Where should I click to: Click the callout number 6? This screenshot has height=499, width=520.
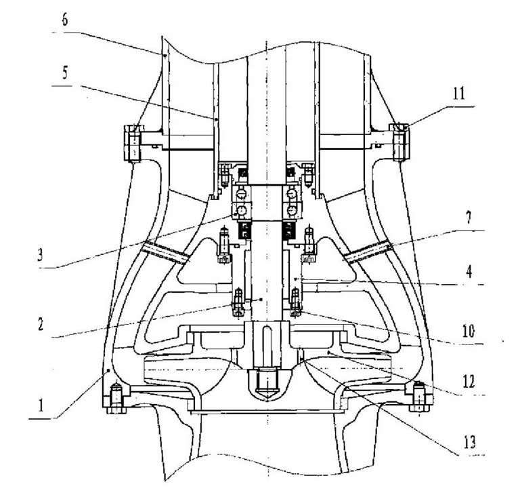(65, 20)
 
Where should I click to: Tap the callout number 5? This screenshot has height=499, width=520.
(65, 73)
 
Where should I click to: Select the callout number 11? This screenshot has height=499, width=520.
(460, 94)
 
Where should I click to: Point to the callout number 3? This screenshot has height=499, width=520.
(40, 256)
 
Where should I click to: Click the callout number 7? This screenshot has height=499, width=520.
(469, 218)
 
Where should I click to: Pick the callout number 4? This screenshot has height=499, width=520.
(469, 273)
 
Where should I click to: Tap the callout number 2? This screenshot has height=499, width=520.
(41, 324)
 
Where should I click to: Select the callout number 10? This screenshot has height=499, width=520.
(469, 331)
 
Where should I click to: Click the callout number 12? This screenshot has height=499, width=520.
(469, 382)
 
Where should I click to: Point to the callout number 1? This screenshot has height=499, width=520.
(41, 405)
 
